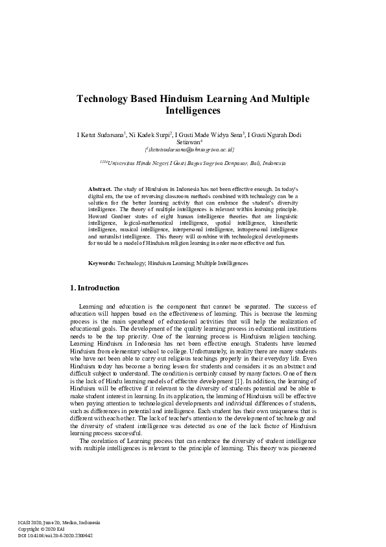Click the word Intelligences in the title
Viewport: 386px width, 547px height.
[x=193, y=111]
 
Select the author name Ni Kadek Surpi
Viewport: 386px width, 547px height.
[x=149, y=135]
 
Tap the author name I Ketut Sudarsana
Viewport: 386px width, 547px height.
[x=101, y=135]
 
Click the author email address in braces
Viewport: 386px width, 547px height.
[x=193, y=149]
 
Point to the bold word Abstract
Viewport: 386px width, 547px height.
[x=101, y=188]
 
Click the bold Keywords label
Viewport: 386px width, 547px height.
[x=102, y=263]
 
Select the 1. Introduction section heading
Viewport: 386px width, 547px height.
[x=94, y=288]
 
